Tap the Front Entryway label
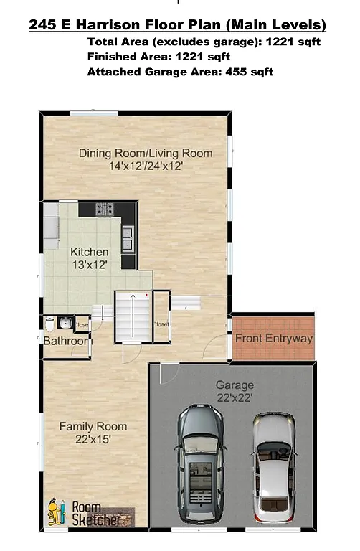click(x=274, y=338)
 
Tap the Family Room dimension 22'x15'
click(x=89, y=439)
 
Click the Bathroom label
click(x=65, y=341)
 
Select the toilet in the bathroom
click(x=49, y=323)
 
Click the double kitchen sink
click(x=127, y=237)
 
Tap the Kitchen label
click(x=90, y=252)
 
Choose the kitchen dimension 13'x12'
click(x=90, y=264)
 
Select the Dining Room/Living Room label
click(x=146, y=153)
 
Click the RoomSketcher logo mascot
click(x=55, y=514)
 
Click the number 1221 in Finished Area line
click(x=193, y=57)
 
